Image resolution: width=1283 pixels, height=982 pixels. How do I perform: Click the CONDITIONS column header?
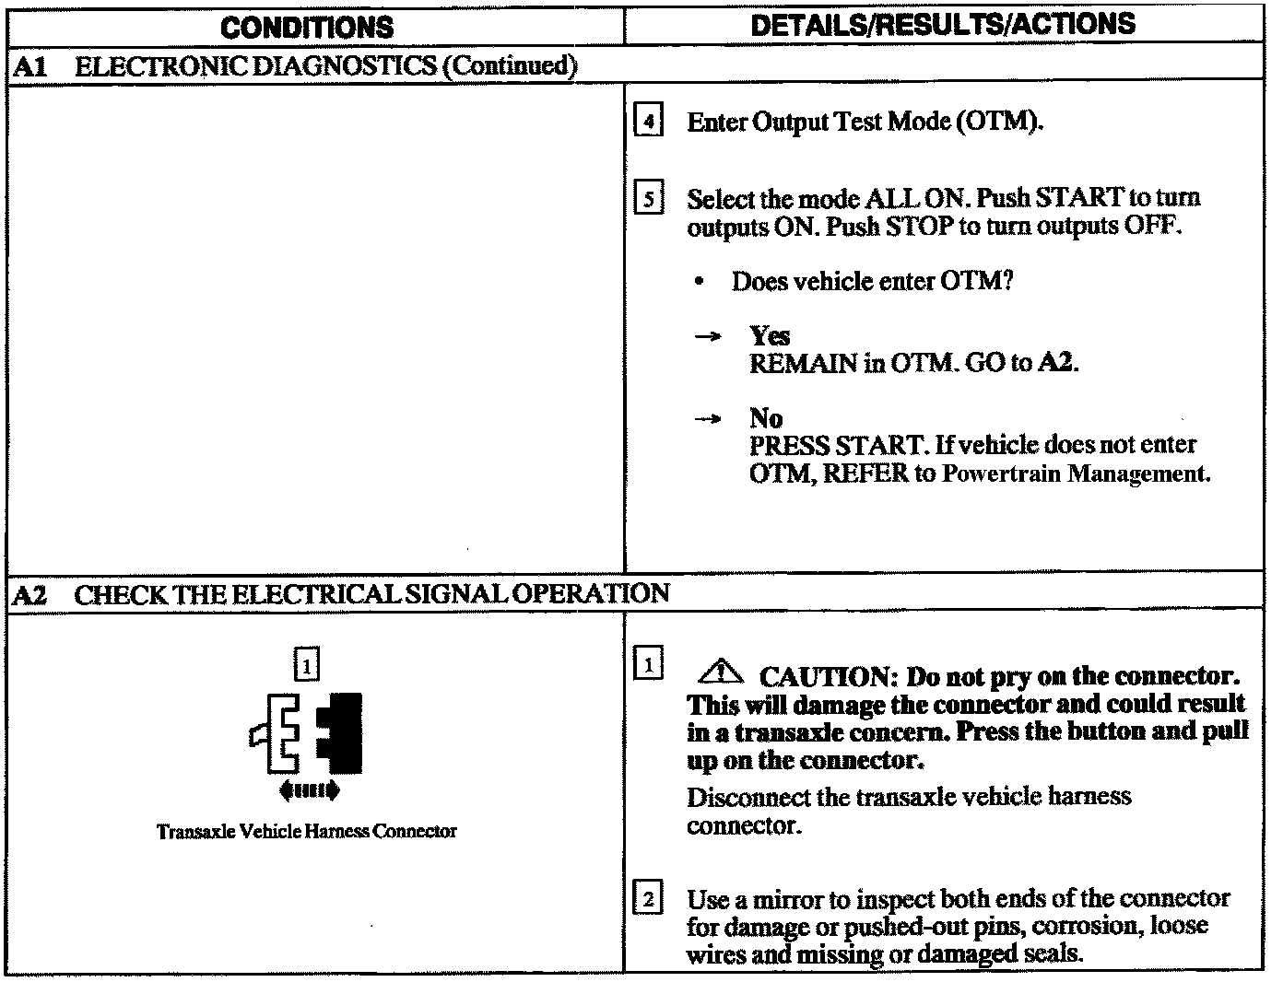click(x=307, y=28)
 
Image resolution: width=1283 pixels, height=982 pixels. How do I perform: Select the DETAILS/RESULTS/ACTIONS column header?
click(x=943, y=25)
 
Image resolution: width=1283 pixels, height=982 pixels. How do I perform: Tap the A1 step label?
click(x=26, y=67)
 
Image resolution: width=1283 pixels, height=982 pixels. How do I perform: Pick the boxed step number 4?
click(x=649, y=122)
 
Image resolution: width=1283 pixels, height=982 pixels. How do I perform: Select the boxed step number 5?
click(x=649, y=199)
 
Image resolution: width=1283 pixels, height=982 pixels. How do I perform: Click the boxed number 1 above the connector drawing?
click(x=307, y=663)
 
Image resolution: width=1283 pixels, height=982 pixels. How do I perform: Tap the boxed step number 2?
click(x=649, y=898)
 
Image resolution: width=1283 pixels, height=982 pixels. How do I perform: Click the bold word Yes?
click(x=769, y=336)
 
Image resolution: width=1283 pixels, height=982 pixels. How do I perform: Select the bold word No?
click(x=765, y=419)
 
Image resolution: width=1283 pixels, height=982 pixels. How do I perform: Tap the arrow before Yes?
click(x=707, y=337)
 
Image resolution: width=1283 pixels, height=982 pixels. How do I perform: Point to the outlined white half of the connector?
click(x=279, y=732)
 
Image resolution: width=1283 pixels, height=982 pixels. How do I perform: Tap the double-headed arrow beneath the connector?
click(x=308, y=790)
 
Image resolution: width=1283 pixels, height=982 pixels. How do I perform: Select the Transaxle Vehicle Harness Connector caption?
click(x=306, y=832)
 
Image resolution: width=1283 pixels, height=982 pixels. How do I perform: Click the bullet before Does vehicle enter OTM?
click(x=701, y=282)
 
